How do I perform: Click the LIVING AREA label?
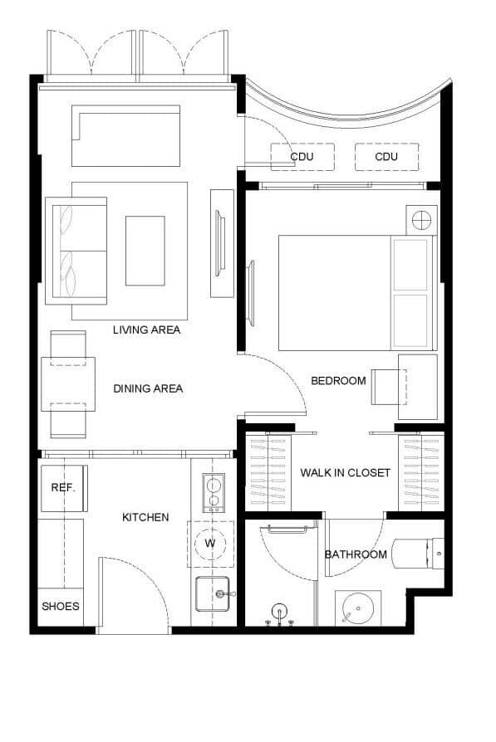point(146,330)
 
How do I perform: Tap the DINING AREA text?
point(148,388)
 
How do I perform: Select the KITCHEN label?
point(145,517)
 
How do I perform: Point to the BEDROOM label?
point(338,381)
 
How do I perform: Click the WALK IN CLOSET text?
point(345,473)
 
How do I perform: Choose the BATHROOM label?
point(356,554)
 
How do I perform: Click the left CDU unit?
point(302,157)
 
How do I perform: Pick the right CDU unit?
point(386,157)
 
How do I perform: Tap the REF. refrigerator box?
point(63,488)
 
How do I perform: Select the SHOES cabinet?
point(61,607)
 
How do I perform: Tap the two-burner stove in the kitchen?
point(213,492)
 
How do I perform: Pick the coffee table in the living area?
point(145,250)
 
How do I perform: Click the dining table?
point(68,384)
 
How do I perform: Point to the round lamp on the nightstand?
point(421,220)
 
